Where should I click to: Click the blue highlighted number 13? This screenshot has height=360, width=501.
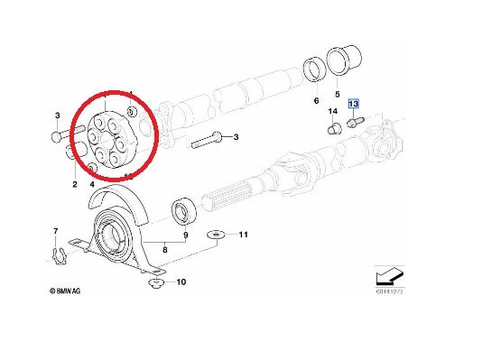355,104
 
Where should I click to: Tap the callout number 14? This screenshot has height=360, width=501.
332,113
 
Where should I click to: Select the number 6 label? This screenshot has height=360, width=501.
315,100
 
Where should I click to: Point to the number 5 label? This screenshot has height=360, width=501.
337,93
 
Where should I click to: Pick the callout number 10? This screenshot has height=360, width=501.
181,282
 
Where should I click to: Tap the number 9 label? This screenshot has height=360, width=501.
185,237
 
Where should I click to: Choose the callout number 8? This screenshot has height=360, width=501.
164,248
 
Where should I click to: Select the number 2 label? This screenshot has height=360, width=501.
75,185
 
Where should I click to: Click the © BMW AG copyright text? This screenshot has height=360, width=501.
66,291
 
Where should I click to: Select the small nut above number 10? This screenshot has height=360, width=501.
154,285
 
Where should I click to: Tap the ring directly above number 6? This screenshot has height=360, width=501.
315,69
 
